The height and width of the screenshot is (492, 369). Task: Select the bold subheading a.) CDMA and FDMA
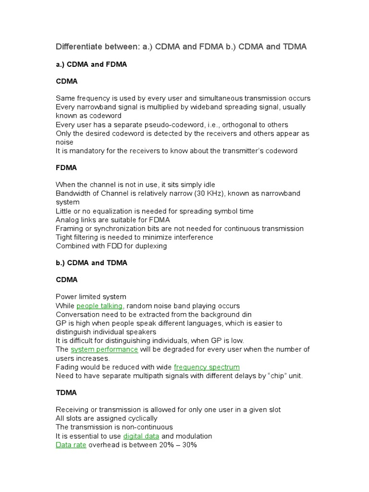tap(91, 64)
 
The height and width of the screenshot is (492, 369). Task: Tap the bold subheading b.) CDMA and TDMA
tap(91, 263)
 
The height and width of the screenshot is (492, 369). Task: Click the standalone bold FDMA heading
tap(66, 168)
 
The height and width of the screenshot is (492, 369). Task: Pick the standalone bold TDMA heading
tap(66, 393)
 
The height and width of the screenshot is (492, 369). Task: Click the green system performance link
tap(104, 349)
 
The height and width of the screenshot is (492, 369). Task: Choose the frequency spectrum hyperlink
tap(207, 367)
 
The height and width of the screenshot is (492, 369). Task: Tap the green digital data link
tap(141, 436)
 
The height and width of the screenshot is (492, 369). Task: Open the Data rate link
tap(71, 445)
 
